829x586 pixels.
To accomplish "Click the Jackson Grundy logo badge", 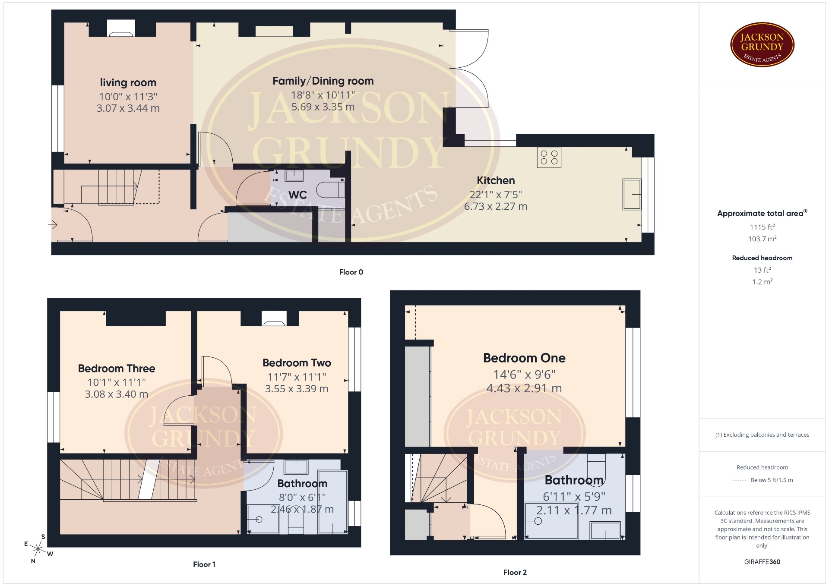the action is point(762,44).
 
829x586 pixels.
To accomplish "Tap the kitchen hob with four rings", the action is point(549,158).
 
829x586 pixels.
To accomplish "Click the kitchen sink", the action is point(632,194).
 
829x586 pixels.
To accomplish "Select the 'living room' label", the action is point(128,82).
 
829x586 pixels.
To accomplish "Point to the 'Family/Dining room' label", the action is point(323,81).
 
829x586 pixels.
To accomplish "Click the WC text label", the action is point(297,195).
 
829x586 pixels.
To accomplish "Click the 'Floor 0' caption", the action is point(351,272).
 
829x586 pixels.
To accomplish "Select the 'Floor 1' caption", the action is point(204,564).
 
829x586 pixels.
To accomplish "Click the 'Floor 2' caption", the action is point(515,572).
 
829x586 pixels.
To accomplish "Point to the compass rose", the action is point(38,549).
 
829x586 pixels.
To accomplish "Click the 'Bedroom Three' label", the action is point(117,369).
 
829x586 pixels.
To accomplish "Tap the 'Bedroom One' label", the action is point(524,358).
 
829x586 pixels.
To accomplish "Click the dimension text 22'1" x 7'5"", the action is point(496,195).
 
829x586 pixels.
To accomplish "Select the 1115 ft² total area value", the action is point(762,227).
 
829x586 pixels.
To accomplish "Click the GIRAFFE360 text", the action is point(762,562).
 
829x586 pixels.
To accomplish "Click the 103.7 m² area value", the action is point(762,239).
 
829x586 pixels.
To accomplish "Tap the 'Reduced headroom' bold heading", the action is point(762,258).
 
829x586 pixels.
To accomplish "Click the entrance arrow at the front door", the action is point(53,225).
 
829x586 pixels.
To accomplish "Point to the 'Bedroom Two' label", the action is point(297,363).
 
